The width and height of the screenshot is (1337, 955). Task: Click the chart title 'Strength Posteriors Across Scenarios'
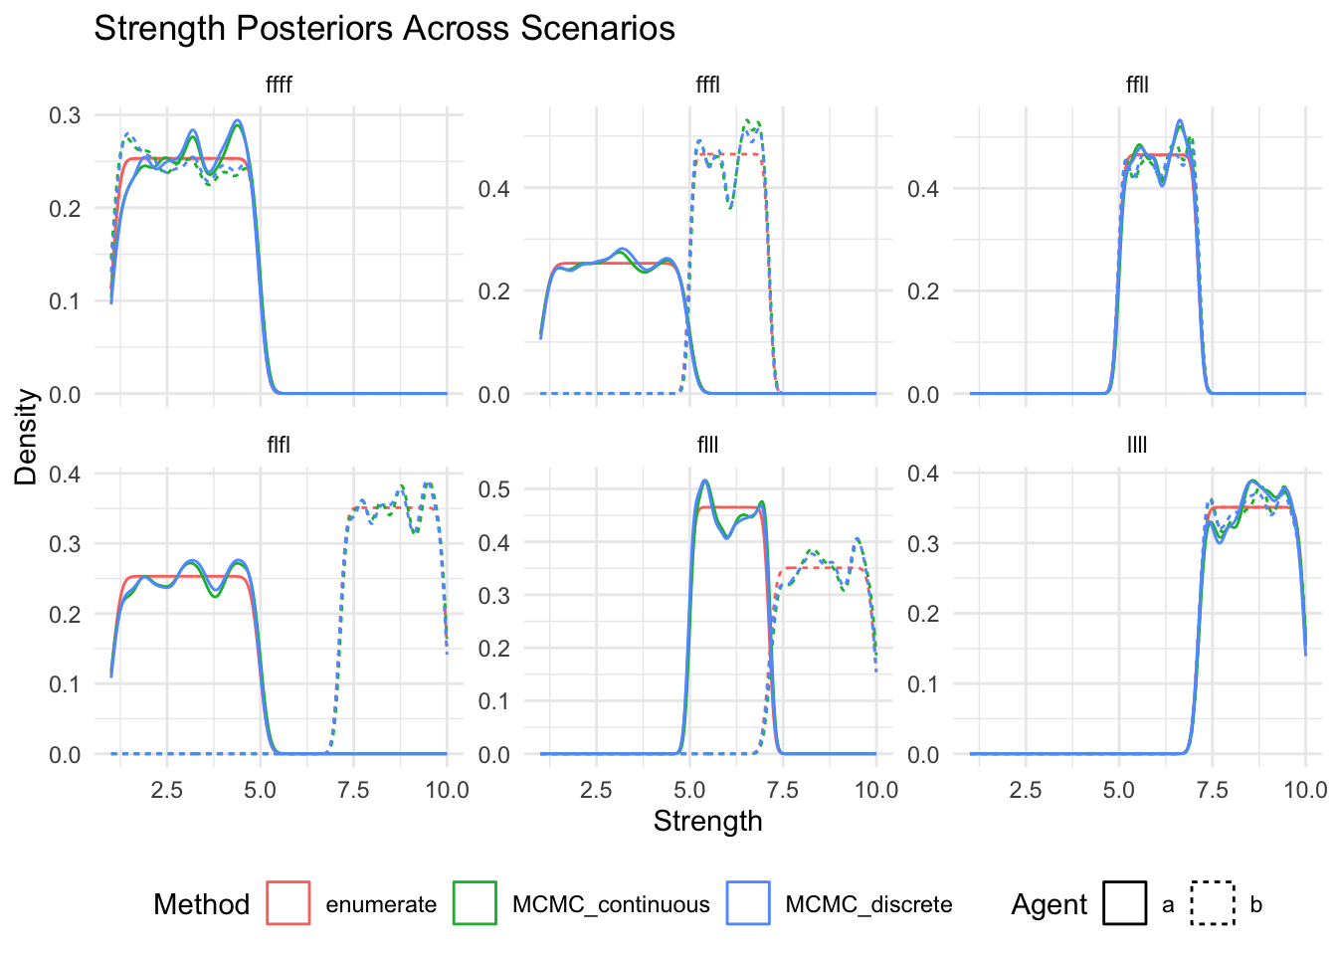(x=384, y=29)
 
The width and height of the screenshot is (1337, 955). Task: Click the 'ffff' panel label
(x=279, y=86)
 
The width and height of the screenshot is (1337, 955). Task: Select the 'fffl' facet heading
(x=707, y=86)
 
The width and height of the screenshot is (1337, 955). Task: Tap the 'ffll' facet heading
(x=1137, y=86)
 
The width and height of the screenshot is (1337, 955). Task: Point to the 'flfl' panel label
(x=279, y=445)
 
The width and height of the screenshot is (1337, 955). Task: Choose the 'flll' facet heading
(x=707, y=445)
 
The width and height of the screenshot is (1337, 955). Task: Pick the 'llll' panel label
(x=1137, y=445)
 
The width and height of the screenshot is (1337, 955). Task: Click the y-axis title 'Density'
(x=27, y=437)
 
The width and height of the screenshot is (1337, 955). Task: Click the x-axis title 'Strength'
(x=707, y=822)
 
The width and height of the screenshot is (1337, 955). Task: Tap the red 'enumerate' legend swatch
(x=288, y=903)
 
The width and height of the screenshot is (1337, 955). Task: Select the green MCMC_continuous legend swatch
(x=475, y=903)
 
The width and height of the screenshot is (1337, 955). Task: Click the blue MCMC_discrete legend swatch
(x=748, y=903)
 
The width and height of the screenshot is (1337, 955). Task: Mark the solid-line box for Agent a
(x=1124, y=903)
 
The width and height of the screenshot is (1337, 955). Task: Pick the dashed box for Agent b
(x=1213, y=903)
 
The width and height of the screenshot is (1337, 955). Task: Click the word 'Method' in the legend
(x=201, y=904)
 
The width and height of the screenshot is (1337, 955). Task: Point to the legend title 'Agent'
(x=1050, y=904)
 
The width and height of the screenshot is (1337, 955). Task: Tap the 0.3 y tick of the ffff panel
(x=66, y=115)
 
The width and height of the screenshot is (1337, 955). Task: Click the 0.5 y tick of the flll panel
(x=494, y=489)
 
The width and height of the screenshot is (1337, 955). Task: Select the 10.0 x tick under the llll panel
(x=1305, y=791)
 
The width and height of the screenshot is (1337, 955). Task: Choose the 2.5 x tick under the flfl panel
(x=166, y=791)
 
